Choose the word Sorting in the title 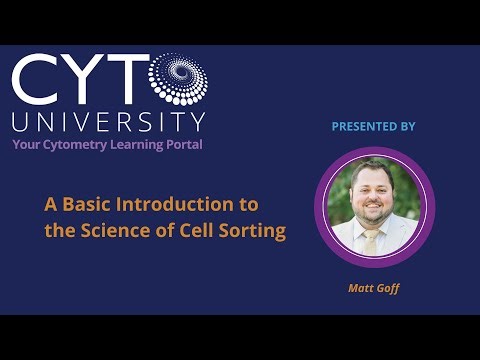[256, 231]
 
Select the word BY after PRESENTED [406, 127]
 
